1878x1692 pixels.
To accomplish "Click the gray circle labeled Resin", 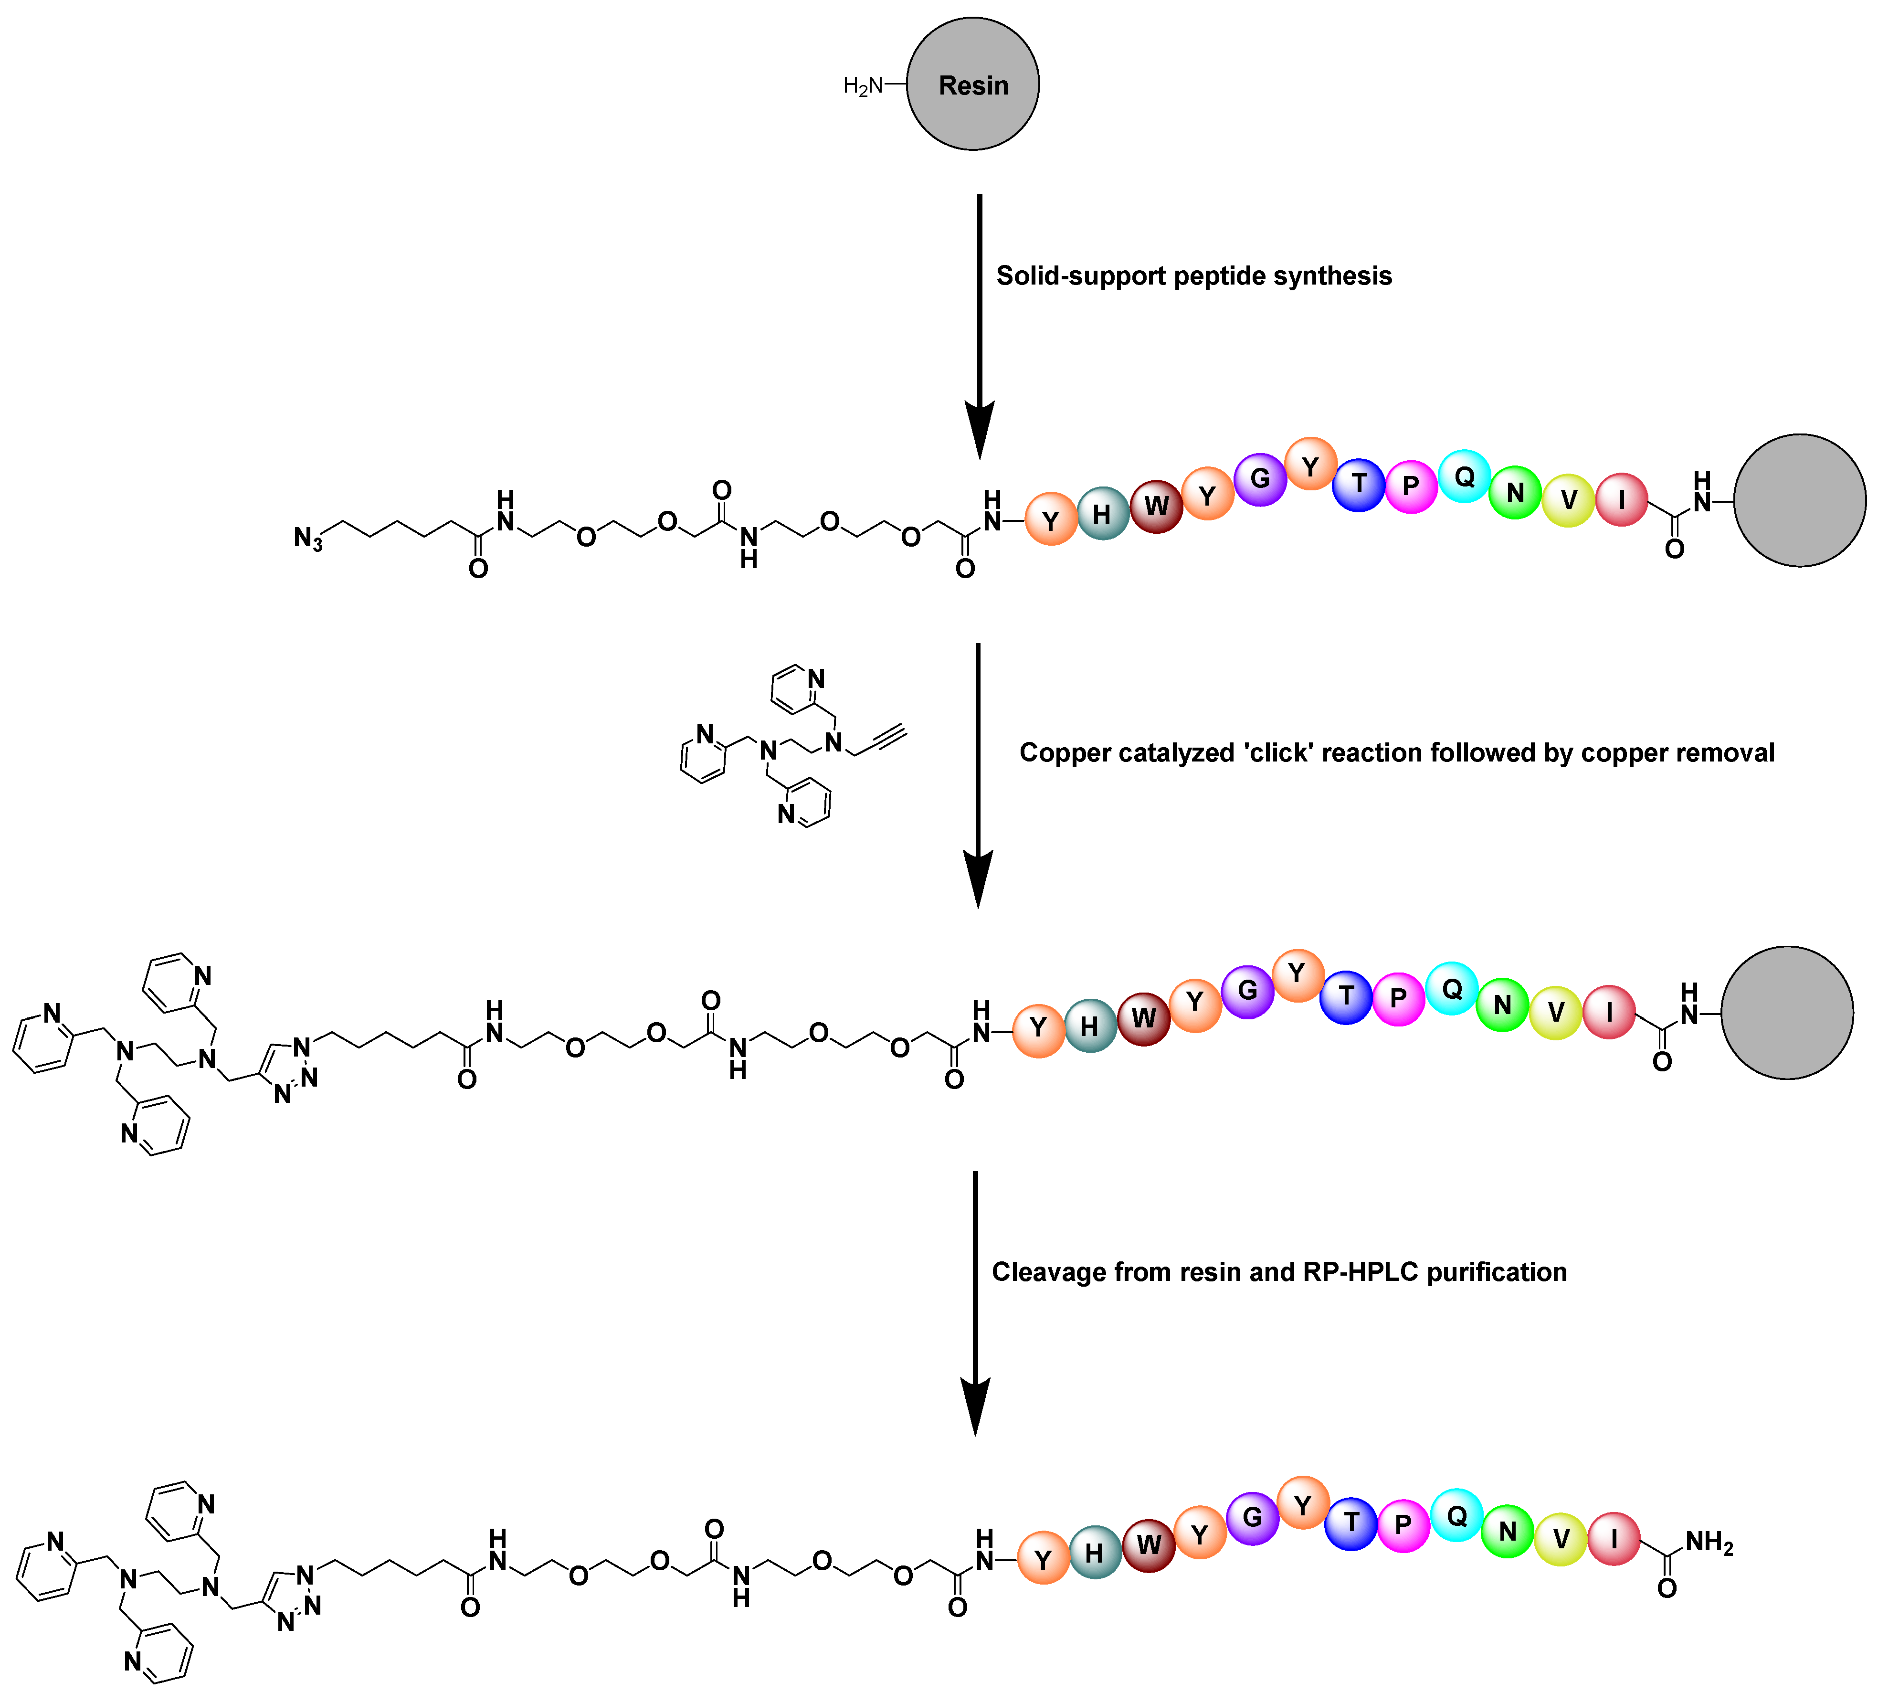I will pos(972,85).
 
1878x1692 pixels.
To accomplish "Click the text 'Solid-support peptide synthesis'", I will pos(1194,276).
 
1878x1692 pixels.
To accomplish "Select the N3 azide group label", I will pos(308,538).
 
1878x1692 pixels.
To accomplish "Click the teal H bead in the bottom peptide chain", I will pos(1095,1553).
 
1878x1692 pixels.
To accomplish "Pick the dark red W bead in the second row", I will pos(1156,506).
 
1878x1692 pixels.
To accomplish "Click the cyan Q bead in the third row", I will pos(1451,988).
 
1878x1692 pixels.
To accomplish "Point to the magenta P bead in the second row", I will pos(1410,485).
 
